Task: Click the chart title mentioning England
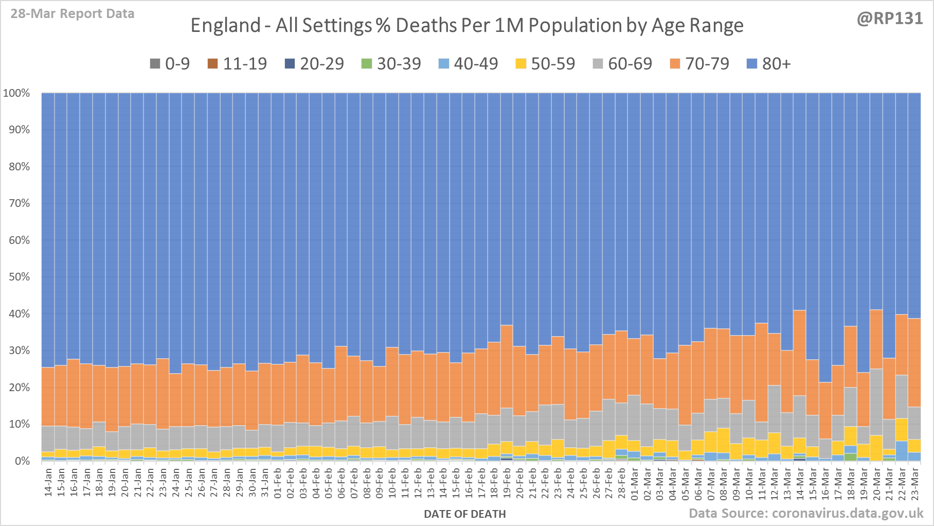[466, 25]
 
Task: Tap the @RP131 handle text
[890, 19]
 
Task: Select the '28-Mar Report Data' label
[73, 14]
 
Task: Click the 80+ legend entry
[769, 64]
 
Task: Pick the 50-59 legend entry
[545, 64]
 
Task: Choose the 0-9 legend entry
[170, 64]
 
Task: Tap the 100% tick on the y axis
[16, 93]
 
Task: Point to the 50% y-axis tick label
[19, 277]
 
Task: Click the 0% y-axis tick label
[22, 461]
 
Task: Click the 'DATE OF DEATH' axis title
[464, 514]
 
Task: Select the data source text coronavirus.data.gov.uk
[806, 513]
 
